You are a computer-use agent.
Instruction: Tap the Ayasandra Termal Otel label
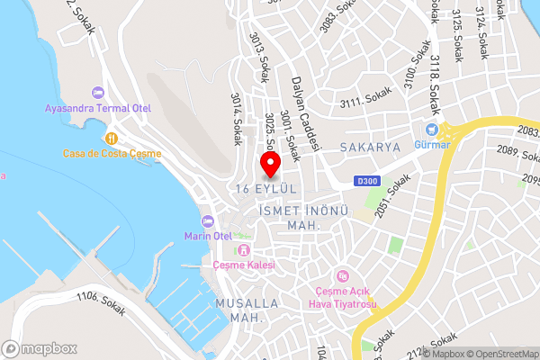[x=98, y=108]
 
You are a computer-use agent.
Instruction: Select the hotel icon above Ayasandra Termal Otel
[x=98, y=93]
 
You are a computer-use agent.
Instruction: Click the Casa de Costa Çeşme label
[x=112, y=153]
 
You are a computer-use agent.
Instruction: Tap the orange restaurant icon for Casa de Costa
[x=112, y=138]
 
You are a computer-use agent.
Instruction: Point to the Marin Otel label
[x=209, y=236]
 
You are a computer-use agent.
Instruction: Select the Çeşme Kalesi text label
[x=243, y=265]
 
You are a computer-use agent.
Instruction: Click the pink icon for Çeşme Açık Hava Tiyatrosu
[x=341, y=275]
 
